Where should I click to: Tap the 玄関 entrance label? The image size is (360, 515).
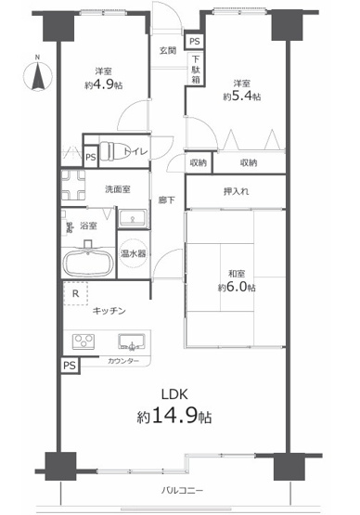click(x=168, y=50)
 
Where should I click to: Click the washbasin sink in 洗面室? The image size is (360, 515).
click(x=131, y=217)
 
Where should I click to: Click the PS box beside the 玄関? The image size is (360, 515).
click(x=193, y=42)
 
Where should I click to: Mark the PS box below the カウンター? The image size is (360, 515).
click(x=71, y=366)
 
